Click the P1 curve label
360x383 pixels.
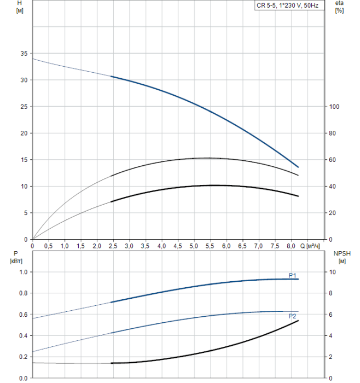(x=293, y=275)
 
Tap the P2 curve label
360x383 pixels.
(x=293, y=316)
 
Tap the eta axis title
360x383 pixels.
(x=339, y=3)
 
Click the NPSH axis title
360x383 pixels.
(x=340, y=253)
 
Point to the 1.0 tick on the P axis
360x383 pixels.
(x=24, y=272)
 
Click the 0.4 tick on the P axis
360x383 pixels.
(x=24, y=336)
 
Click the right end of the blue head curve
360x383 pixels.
(x=298, y=167)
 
